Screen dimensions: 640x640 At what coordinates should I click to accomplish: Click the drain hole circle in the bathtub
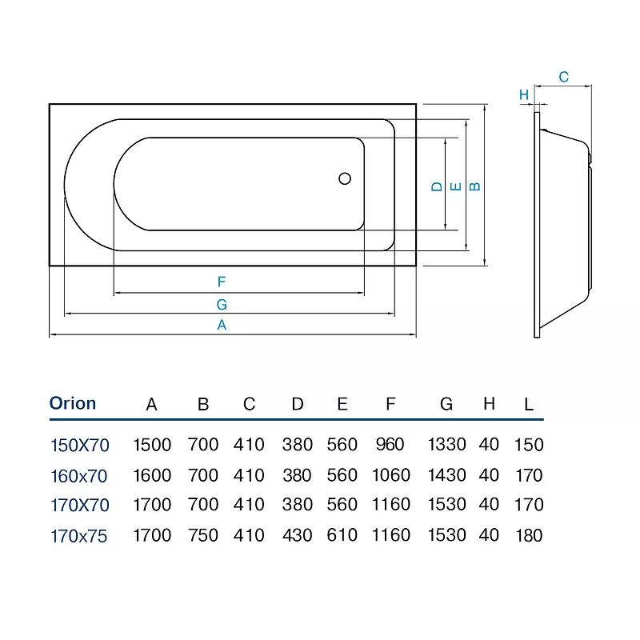pyautogui.click(x=345, y=178)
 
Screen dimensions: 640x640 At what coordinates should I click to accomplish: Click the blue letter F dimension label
pyautogui.click(x=222, y=282)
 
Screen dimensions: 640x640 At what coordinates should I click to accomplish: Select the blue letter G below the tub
pyautogui.click(x=222, y=305)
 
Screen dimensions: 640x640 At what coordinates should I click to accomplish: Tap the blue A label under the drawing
pyautogui.click(x=222, y=325)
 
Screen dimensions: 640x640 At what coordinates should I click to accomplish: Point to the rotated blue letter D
pyautogui.click(x=437, y=187)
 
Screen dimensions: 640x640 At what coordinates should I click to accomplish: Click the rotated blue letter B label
pyautogui.click(x=474, y=186)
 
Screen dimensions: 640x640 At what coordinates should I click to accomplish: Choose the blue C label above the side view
pyautogui.click(x=564, y=77)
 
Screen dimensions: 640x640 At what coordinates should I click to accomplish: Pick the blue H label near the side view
pyautogui.click(x=524, y=94)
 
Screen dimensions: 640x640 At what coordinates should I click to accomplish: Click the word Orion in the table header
pyautogui.click(x=73, y=403)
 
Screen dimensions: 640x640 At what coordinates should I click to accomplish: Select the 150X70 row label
pyautogui.click(x=79, y=446)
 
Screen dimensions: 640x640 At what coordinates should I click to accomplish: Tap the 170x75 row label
pyautogui.click(x=78, y=536)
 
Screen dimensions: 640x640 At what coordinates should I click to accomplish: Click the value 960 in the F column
pyautogui.click(x=390, y=445)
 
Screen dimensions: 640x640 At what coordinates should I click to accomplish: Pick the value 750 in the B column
pyautogui.click(x=203, y=535)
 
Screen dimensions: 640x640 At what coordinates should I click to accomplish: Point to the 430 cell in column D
pyautogui.click(x=298, y=535)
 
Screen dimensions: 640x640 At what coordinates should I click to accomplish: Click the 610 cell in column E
pyautogui.click(x=342, y=535)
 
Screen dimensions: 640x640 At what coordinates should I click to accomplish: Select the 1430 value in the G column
pyautogui.click(x=447, y=475)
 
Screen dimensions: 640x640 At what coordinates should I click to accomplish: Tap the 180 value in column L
pyautogui.click(x=529, y=535)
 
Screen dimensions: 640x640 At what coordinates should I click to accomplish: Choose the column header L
pyautogui.click(x=529, y=405)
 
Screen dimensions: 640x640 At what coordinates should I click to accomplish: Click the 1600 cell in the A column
pyautogui.click(x=152, y=475)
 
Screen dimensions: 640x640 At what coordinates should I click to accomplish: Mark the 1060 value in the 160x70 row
pyautogui.click(x=391, y=475)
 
